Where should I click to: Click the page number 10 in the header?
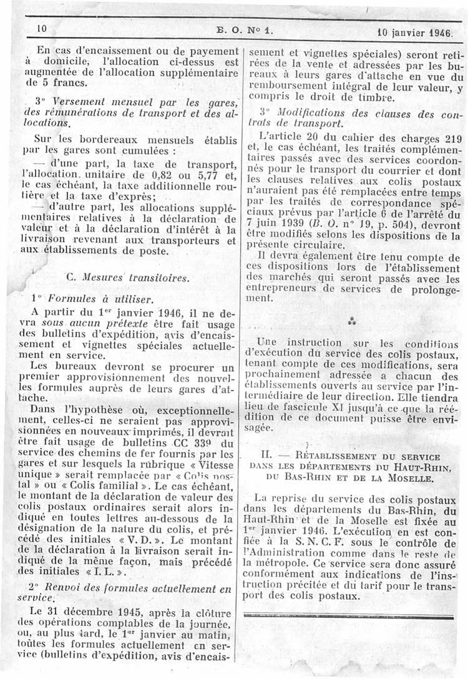point(42,29)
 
